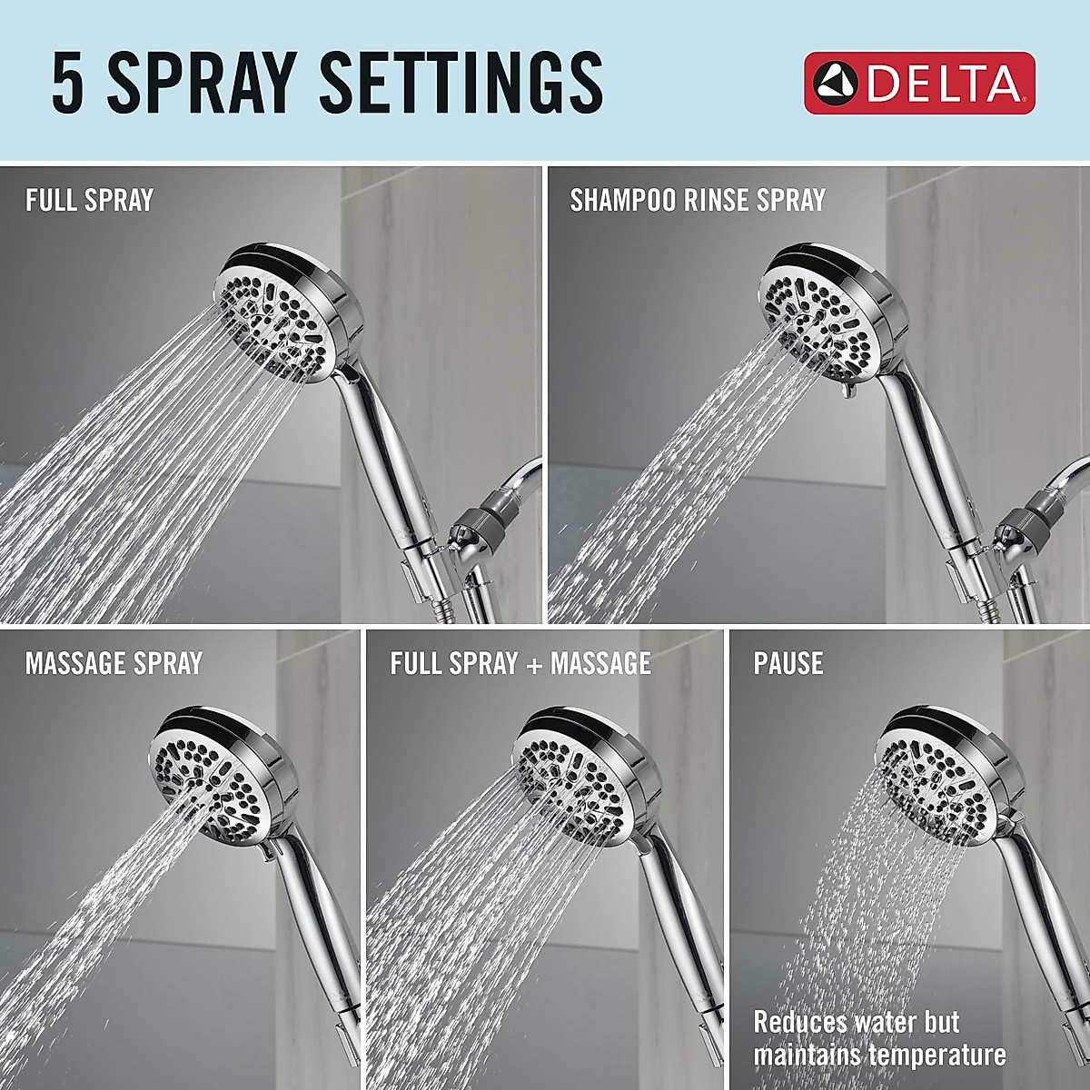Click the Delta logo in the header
click(918, 83)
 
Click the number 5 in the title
click(67, 83)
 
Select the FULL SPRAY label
click(89, 200)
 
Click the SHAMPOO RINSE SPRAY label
click(698, 200)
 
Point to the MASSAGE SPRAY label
click(114, 663)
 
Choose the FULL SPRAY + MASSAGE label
click(520, 663)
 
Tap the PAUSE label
click(788, 663)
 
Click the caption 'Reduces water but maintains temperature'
click(879, 1038)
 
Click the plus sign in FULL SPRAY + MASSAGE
click(534, 665)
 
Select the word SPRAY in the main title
click(203, 83)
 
